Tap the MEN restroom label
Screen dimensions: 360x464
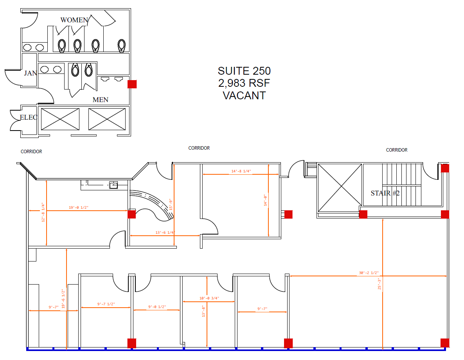(101, 100)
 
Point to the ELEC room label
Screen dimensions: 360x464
(29, 117)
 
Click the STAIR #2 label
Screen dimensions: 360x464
(385, 193)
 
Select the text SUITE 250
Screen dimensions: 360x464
(244, 71)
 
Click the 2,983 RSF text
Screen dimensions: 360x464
(244, 83)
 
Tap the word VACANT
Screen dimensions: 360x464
(244, 95)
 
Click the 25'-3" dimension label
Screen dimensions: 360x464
(379, 284)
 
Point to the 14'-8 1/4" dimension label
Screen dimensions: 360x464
(241, 171)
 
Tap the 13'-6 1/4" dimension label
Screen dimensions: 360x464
(165, 233)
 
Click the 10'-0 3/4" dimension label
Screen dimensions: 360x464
(209, 298)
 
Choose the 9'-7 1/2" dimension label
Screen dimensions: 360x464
(106, 304)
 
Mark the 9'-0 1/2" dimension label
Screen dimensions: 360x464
(157, 307)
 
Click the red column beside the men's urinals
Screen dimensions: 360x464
(132, 84)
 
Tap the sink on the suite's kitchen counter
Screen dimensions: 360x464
(114, 185)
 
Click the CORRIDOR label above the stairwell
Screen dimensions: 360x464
(396, 150)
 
